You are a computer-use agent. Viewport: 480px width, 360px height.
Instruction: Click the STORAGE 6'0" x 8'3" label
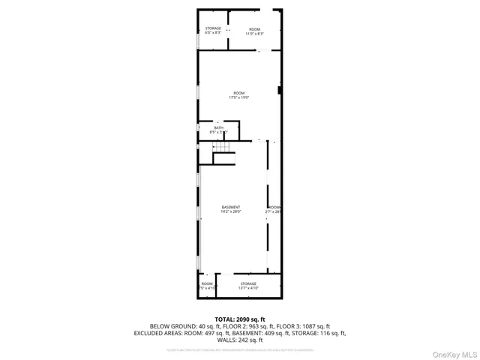pyautogui.click(x=213, y=31)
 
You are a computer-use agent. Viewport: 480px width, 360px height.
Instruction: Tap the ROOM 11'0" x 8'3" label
pyautogui.click(x=256, y=31)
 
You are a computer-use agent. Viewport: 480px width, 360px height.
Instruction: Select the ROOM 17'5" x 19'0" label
pyautogui.click(x=238, y=95)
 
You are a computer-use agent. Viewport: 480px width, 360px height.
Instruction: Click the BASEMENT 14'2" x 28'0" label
pyautogui.click(x=231, y=209)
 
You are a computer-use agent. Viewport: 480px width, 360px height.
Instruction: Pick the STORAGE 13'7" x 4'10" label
pyautogui.click(x=248, y=286)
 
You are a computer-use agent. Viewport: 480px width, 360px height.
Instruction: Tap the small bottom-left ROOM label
pyautogui.click(x=207, y=286)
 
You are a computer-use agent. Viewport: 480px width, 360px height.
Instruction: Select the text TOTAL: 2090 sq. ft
pyautogui.click(x=240, y=319)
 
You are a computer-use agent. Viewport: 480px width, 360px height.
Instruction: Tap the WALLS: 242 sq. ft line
pyautogui.click(x=240, y=340)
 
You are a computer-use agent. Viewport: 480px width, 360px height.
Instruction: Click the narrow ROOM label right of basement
pyautogui.click(x=274, y=209)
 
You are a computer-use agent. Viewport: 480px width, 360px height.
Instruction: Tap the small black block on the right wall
pyautogui.click(x=279, y=91)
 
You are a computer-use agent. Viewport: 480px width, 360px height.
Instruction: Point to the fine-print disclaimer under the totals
pyautogui.click(x=240, y=349)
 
